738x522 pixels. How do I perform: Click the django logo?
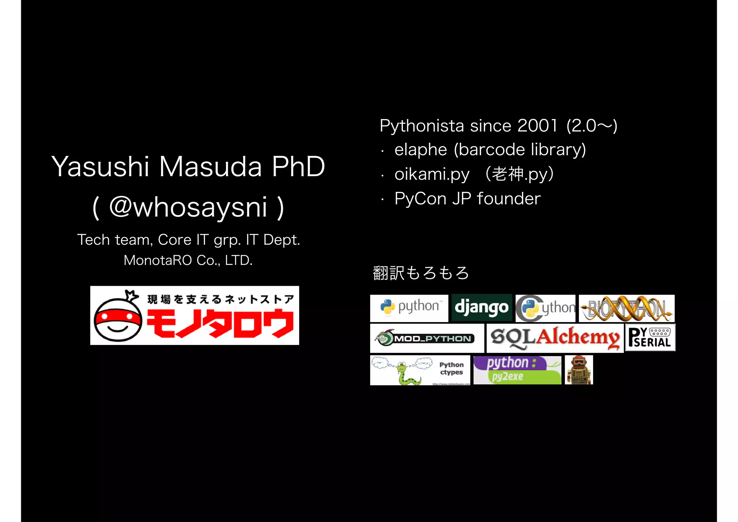pos(481,308)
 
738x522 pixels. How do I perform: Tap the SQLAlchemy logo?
pos(555,338)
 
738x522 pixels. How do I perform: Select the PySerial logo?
pos(650,338)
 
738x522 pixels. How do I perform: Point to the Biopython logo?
pos(627,308)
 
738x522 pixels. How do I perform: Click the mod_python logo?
pos(427,338)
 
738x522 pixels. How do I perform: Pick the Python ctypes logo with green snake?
pos(420,370)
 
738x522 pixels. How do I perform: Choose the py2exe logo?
pos(517,370)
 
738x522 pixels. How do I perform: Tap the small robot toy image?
pos(579,370)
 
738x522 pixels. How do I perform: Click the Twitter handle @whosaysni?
pos(188,207)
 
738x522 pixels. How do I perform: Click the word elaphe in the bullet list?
pos(421,150)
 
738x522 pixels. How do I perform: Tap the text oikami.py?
pos(432,174)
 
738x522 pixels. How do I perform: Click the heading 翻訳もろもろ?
pos(421,273)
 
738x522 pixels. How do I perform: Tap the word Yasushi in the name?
pos(100,167)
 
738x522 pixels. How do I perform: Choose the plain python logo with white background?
pos(409,308)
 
